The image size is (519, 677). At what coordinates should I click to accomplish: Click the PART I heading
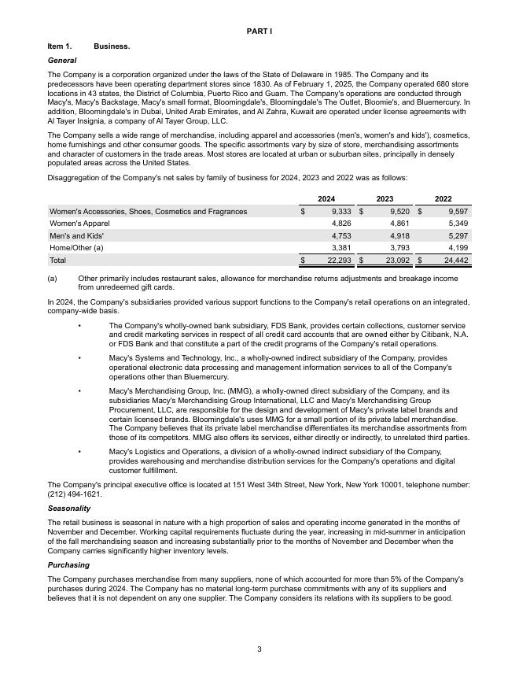259,31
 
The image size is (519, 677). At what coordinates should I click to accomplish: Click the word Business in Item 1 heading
112,46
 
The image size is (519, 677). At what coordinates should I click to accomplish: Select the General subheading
62,61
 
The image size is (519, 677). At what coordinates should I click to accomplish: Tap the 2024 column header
326,199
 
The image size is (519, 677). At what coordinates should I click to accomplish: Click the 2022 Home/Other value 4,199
457,247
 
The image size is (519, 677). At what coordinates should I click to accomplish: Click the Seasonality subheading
69,509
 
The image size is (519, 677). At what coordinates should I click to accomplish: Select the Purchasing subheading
68,565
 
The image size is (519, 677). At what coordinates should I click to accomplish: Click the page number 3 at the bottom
259,649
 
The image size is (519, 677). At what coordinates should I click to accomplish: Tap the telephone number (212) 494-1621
75,494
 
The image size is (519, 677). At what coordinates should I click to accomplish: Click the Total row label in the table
58,260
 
